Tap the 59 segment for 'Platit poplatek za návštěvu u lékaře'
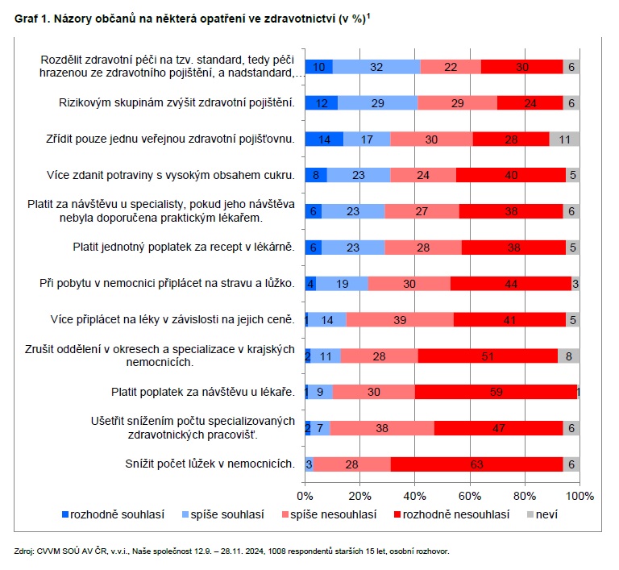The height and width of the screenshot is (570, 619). pyautogui.click(x=496, y=392)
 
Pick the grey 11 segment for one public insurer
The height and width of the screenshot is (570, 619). pyautogui.click(x=564, y=139)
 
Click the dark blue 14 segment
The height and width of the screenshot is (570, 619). pyautogui.click(x=324, y=139)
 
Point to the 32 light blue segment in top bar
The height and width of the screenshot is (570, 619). pyautogui.click(x=376, y=67)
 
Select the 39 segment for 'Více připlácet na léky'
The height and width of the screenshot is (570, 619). pyautogui.click(x=400, y=320)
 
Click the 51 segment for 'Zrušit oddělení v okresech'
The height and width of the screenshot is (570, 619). pyautogui.click(x=488, y=356)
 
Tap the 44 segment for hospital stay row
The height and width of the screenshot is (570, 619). pyautogui.click(x=509, y=284)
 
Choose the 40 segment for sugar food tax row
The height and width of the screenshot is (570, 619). pyautogui.click(x=511, y=175)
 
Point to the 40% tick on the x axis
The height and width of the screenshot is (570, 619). pyautogui.click(x=414, y=494)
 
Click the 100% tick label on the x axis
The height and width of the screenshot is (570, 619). pyautogui.click(x=580, y=494)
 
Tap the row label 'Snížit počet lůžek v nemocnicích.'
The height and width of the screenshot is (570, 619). pyautogui.click(x=210, y=464)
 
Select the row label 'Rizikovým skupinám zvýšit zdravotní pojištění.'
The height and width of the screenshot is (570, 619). pyautogui.click(x=177, y=102)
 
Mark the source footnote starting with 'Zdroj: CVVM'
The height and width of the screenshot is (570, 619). pyautogui.click(x=231, y=551)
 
